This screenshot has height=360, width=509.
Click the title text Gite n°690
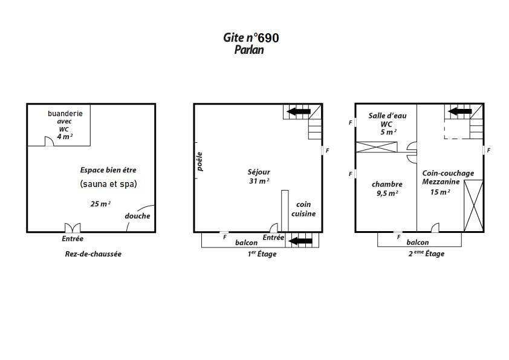point(251,38)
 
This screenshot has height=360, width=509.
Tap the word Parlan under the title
point(249,50)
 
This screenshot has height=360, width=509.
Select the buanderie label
point(65,113)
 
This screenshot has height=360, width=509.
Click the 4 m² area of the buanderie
point(65,137)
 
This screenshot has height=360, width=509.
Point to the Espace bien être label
point(108,170)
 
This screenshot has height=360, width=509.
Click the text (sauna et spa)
point(108,184)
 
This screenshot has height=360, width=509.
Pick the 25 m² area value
point(100,204)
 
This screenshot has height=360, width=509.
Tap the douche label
point(137,216)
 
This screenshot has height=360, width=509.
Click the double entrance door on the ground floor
point(73,227)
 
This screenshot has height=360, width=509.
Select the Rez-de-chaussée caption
point(93,254)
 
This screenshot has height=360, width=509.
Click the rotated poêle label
point(199,162)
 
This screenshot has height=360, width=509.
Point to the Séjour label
point(259,172)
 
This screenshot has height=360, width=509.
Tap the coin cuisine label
point(303,209)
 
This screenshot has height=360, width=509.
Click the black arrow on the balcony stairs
point(300,241)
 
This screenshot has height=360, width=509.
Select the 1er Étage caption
point(262,254)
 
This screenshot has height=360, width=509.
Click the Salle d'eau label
point(387,116)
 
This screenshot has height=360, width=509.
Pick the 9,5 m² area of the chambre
point(387,194)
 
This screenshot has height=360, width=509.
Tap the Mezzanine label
point(441,182)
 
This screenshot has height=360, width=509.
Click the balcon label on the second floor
point(418,243)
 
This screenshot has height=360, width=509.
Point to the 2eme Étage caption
point(426,254)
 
